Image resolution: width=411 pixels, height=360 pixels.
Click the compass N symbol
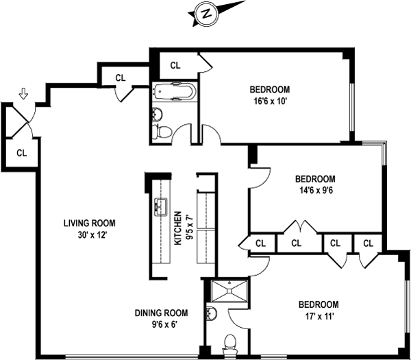[x=205, y=12]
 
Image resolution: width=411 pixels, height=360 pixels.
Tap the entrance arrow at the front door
[x=24, y=93]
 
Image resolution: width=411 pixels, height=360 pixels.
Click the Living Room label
[x=89, y=223]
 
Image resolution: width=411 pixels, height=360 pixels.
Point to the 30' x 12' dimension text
[x=89, y=235]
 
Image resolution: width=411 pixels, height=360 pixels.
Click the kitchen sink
[x=161, y=206]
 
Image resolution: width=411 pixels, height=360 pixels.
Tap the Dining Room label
[x=162, y=313]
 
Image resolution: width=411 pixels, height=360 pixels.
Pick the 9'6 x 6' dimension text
[x=162, y=325]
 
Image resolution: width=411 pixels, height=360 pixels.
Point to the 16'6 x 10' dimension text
[x=269, y=101]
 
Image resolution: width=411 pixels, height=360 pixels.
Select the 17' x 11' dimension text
[x=319, y=316]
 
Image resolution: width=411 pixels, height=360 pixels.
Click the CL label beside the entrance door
[x=21, y=152]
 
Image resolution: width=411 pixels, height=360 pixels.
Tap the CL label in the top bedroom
[x=175, y=66]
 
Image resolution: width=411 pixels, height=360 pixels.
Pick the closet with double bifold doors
[x=297, y=243]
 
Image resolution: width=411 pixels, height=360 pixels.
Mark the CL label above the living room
[x=120, y=77]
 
